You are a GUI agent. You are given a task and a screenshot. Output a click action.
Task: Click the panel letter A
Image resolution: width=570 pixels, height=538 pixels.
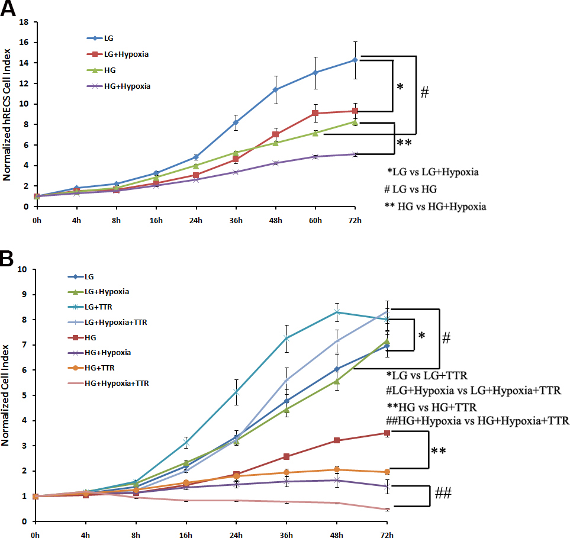(x=10, y=11)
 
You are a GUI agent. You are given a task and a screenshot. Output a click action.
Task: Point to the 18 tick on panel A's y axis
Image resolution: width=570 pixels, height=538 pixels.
(x=25, y=22)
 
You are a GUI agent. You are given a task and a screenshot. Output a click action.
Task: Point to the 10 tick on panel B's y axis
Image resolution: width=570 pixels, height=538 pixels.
(x=22, y=269)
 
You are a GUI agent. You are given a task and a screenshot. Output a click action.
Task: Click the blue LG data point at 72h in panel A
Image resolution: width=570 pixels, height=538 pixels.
(x=355, y=60)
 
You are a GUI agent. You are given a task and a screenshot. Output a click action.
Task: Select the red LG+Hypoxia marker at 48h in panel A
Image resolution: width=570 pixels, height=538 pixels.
(x=275, y=134)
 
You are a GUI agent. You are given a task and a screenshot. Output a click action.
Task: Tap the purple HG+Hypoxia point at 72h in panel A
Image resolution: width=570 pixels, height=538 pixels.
(x=355, y=154)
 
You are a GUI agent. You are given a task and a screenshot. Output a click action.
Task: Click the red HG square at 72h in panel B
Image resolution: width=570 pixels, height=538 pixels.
(x=387, y=433)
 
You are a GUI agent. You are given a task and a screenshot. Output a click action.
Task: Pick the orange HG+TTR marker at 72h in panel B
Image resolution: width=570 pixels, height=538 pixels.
(x=387, y=472)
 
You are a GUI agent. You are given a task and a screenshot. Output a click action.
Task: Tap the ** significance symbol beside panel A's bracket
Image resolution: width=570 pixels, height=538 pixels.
(x=405, y=143)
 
